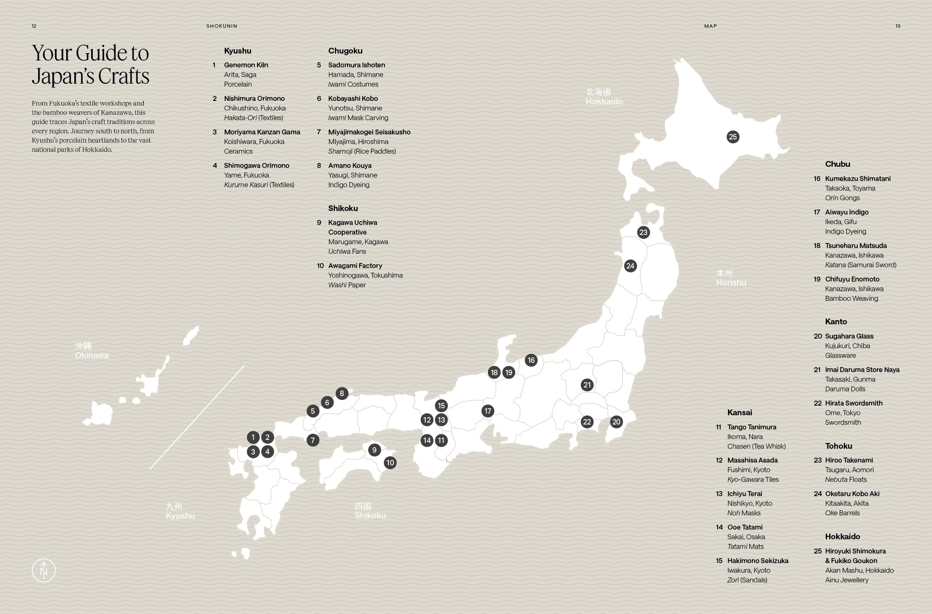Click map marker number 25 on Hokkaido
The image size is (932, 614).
[x=733, y=137]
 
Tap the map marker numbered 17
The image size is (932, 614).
[x=487, y=411]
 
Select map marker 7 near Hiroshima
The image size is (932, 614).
[x=313, y=440]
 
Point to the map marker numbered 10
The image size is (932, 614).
[x=390, y=462]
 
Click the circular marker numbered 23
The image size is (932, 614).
[x=643, y=232]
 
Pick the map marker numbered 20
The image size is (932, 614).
[x=616, y=422]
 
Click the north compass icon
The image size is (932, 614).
[x=44, y=570]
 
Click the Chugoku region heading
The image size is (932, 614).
[x=345, y=51]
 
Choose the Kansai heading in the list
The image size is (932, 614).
[x=740, y=412]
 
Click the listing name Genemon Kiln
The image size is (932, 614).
[x=246, y=65]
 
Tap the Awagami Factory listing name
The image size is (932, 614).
[x=355, y=266]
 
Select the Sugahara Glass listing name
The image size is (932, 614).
[x=849, y=336]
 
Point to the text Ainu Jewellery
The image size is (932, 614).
[x=847, y=580]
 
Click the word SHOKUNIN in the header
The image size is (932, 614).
[x=222, y=26]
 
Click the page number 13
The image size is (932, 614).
[x=897, y=26]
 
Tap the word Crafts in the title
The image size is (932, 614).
[x=123, y=76]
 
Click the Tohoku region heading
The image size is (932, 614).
[x=838, y=446]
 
